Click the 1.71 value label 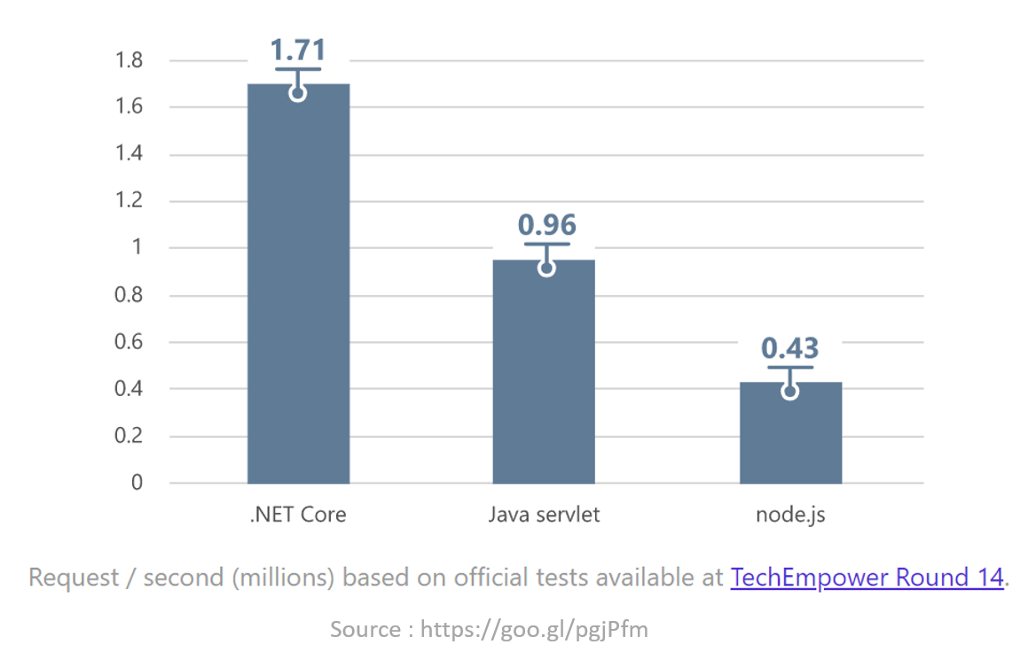click(298, 49)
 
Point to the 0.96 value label click(546, 224)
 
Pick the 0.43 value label click(790, 348)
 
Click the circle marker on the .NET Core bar click(298, 93)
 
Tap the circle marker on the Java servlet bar click(546, 268)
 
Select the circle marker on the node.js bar click(790, 392)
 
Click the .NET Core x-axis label click(298, 514)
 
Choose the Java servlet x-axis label click(544, 514)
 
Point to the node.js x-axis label click(790, 514)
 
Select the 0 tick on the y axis click(137, 483)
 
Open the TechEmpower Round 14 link click(867, 578)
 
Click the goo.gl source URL click(534, 630)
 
